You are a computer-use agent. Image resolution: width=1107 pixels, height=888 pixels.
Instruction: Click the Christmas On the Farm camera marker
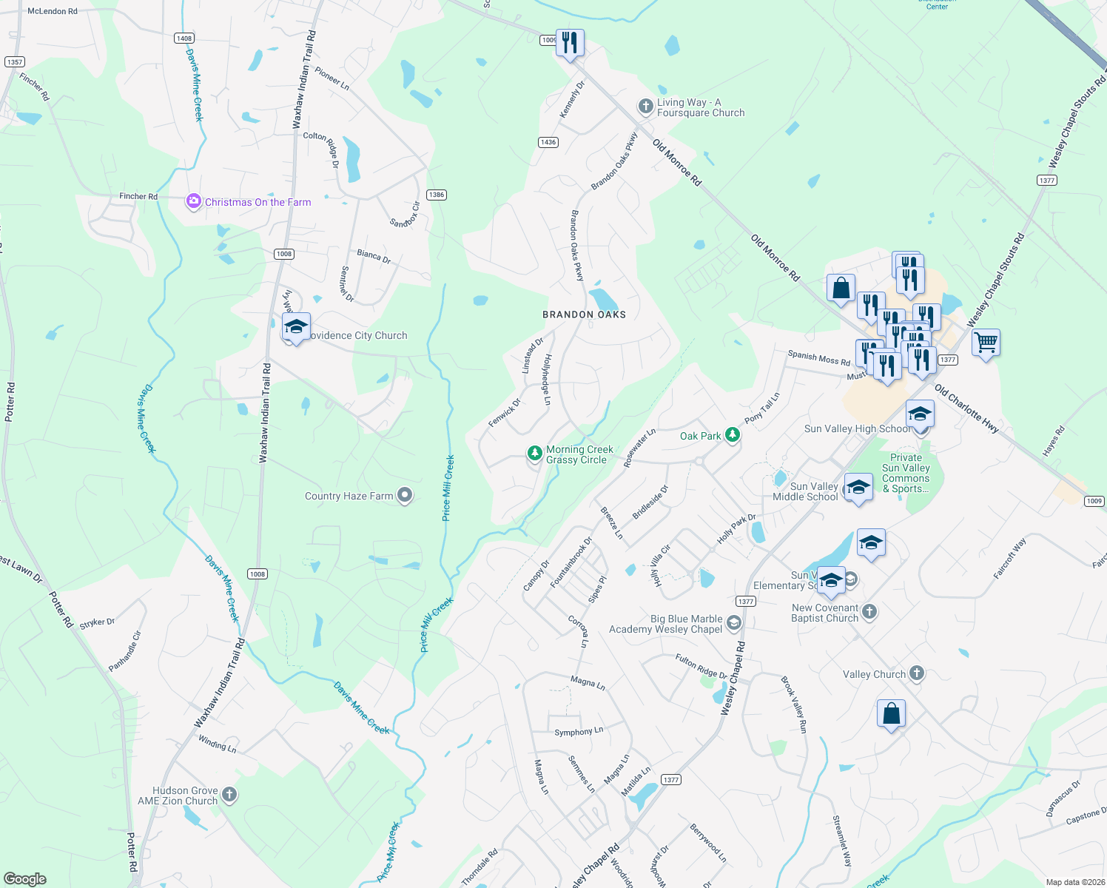pos(193,201)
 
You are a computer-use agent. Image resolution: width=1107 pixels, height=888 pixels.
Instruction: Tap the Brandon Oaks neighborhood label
pos(584,314)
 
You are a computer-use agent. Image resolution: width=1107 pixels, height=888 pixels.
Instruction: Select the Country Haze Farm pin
pos(405,495)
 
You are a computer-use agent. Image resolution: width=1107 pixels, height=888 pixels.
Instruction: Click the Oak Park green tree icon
pos(732,435)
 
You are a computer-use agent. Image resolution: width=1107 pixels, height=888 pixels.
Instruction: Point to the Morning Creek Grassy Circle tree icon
pos(534,454)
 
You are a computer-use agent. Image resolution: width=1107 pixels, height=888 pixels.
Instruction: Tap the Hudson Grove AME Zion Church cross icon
pos(229,795)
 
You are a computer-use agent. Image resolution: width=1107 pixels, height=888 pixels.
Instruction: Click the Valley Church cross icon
pos(917,673)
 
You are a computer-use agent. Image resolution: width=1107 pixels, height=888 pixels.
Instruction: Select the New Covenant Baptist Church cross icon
pos(869,612)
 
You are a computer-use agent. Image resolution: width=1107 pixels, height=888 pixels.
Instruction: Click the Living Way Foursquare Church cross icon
pos(646,107)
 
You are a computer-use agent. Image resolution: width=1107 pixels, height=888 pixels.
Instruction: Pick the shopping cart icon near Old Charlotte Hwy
pos(986,343)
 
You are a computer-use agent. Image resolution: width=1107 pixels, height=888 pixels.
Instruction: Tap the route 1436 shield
pos(548,142)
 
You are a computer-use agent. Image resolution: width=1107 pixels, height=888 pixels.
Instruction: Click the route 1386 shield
pos(437,195)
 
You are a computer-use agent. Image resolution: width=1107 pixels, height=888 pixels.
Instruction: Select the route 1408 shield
pos(184,38)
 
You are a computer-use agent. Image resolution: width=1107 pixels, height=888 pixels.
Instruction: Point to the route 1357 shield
pos(15,62)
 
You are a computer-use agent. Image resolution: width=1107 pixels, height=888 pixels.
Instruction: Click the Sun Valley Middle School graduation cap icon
pos(858,488)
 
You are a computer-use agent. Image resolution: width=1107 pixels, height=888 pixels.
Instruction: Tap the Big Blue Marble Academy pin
pos(733,623)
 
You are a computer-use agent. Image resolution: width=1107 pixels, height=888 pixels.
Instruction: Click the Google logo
pos(24,878)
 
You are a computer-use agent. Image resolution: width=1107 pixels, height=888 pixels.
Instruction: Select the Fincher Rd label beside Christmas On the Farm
pos(138,196)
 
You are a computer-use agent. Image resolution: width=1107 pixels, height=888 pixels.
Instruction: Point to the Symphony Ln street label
pos(579,732)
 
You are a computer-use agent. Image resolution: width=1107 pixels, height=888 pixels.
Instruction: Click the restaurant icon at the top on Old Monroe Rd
pos(569,43)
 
